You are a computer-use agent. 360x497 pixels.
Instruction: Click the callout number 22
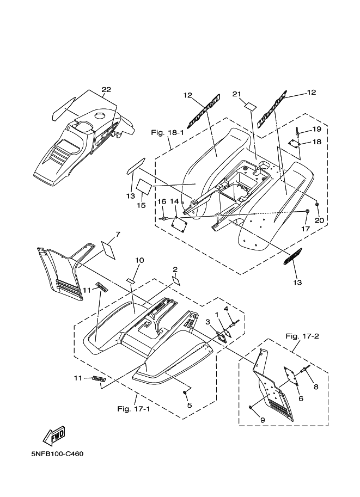pyautogui.click(x=106, y=90)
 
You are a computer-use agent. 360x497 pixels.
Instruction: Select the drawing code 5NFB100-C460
pyautogui.click(x=57, y=453)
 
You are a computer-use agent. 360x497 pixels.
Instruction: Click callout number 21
pyautogui.click(x=236, y=94)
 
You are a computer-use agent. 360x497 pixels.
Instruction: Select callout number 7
pyautogui.click(x=117, y=235)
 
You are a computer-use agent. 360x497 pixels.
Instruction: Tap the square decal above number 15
pyautogui.click(x=144, y=186)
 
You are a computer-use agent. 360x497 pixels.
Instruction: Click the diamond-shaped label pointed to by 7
pyautogui.click(x=109, y=249)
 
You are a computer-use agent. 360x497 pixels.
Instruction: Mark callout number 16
pyautogui.click(x=161, y=201)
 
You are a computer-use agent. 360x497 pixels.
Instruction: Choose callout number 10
pyautogui.click(x=139, y=260)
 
